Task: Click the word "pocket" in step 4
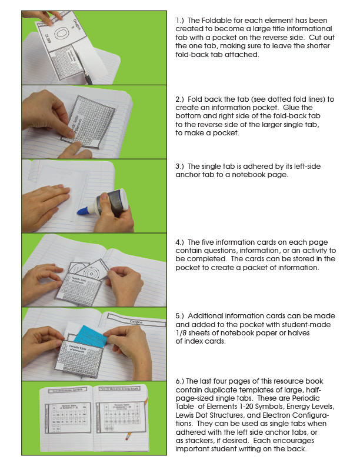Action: [x=190, y=267]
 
